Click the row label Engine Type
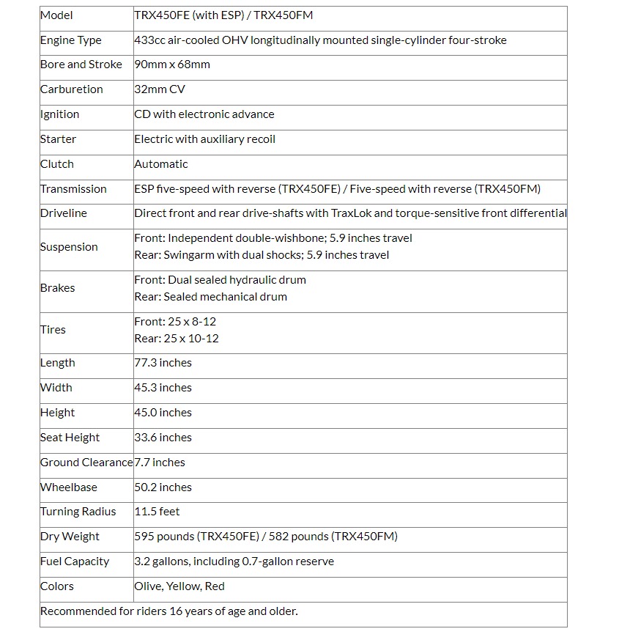click(70, 40)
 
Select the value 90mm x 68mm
click(172, 65)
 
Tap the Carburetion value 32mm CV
click(160, 89)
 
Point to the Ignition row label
click(59, 114)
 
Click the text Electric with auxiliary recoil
click(204, 139)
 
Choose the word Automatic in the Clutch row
click(160, 164)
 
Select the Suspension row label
click(69, 247)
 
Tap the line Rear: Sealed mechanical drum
click(210, 297)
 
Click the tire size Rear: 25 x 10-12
click(177, 339)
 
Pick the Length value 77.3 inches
click(163, 363)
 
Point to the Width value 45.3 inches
click(163, 388)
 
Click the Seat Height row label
click(70, 438)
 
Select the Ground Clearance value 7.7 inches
click(160, 463)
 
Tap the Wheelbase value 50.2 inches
click(163, 487)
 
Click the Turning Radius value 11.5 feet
click(157, 512)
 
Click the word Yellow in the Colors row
click(182, 586)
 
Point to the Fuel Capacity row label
click(75, 561)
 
